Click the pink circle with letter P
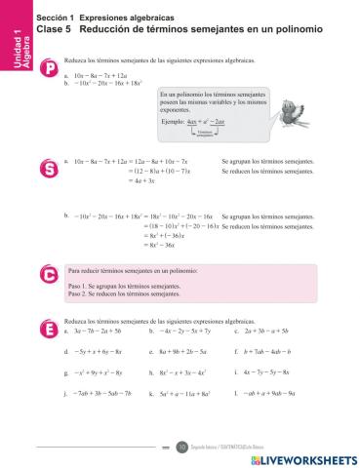[x=51, y=69]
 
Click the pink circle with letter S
[x=51, y=169]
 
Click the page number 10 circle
[x=180, y=446]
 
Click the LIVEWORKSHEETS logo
[x=303, y=457]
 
